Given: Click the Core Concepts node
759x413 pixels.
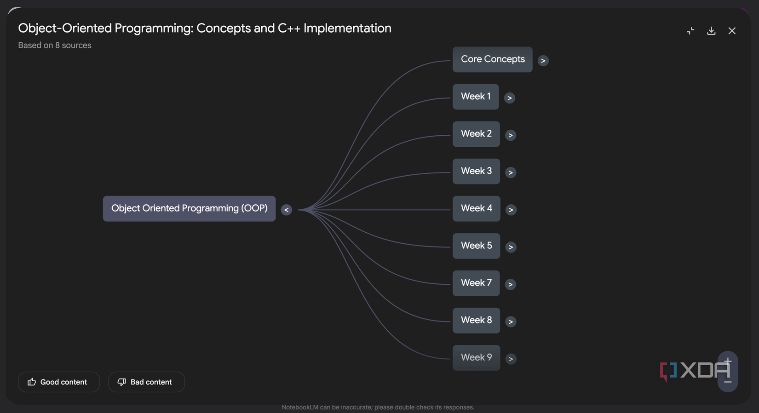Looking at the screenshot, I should (492, 59).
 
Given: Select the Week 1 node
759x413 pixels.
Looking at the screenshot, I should (475, 97).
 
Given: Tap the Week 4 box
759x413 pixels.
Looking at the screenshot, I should (476, 209).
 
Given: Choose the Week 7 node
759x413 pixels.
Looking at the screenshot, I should (476, 283).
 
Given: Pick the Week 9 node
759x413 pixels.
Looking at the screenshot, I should (476, 358).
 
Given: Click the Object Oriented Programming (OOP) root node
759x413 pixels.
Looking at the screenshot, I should (189, 209).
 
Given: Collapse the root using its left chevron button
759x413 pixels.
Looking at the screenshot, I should (286, 210).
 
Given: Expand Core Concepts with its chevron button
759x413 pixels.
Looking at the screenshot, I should (543, 61).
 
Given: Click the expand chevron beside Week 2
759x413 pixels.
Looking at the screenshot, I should (510, 135).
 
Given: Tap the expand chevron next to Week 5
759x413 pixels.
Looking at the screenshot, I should (510, 247).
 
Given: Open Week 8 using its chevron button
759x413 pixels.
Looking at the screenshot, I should (510, 322).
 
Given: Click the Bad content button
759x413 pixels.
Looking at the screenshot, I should (146, 382).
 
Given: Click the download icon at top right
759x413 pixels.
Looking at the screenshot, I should (711, 31).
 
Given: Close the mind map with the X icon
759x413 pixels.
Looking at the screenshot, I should (732, 31).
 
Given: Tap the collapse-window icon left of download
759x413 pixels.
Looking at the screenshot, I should (690, 31).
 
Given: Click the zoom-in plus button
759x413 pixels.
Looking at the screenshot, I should (728, 361).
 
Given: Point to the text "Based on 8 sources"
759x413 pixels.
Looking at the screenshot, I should (55, 46).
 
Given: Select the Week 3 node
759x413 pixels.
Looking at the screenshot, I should (476, 172).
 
